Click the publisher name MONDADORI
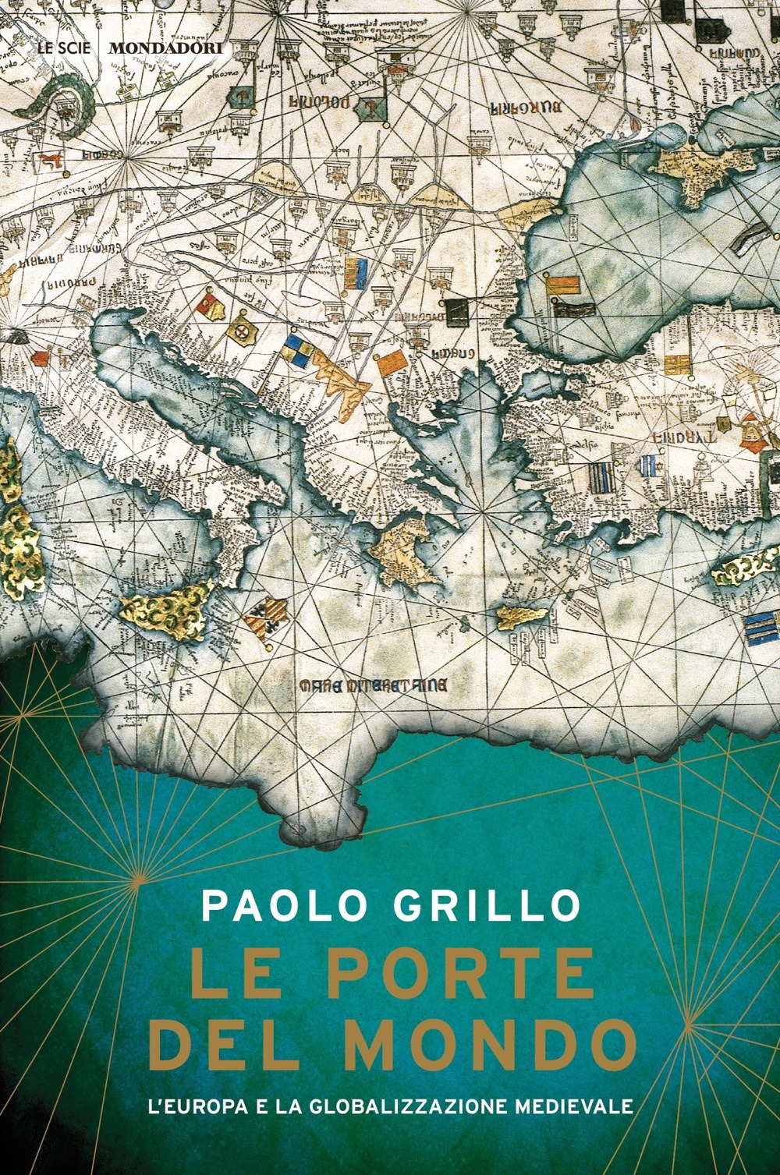(165, 48)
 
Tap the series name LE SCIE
(66, 48)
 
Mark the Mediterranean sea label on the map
(374, 686)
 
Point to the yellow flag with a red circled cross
(241, 331)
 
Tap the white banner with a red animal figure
(53, 159)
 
